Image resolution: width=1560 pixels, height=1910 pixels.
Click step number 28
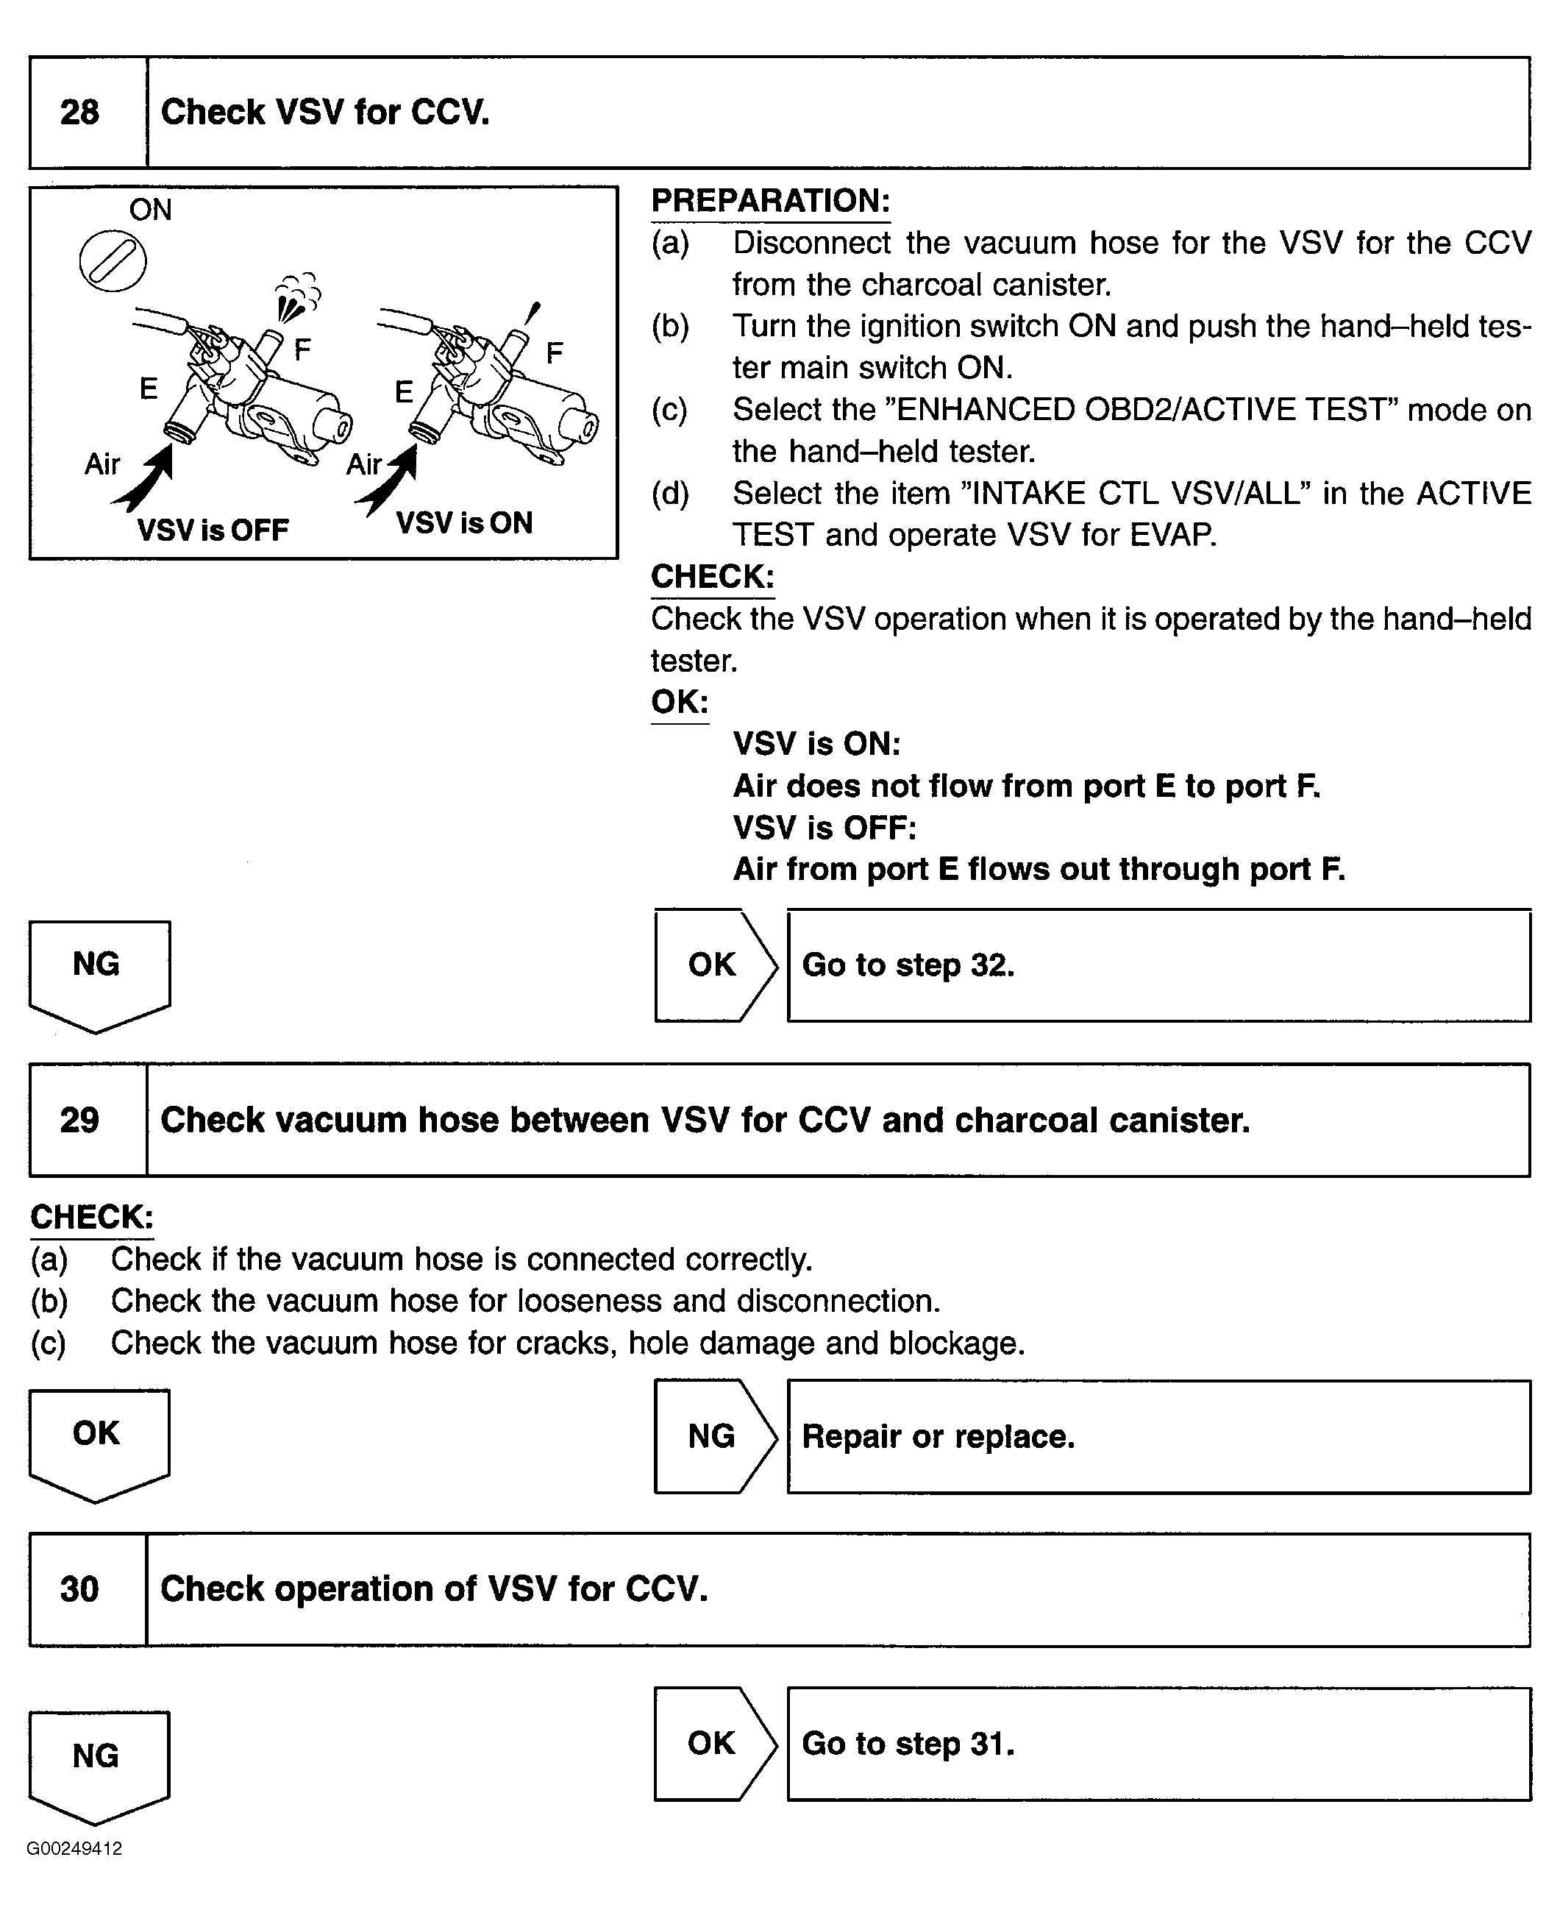click(x=79, y=113)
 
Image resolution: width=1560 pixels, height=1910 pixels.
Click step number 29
click(x=79, y=1120)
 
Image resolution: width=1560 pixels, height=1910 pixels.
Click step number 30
click(x=79, y=1589)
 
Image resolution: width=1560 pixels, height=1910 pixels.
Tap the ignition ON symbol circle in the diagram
click(x=113, y=260)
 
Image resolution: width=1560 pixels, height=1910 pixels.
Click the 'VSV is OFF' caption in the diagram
click(x=213, y=530)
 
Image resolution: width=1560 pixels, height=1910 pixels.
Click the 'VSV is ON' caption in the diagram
click(x=463, y=523)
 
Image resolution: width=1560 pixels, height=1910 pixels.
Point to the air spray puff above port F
click(x=297, y=297)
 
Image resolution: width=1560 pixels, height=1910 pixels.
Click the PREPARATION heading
click(x=770, y=200)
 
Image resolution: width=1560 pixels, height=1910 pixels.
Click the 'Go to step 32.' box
click(x=1158, y=965)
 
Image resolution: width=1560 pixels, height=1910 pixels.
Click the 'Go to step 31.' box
click(x=1158, y=1744)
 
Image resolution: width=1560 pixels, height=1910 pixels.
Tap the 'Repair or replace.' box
click(x=1158, y=1436)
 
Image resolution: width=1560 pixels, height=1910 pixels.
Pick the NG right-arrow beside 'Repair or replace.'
click(x=713, y=1436)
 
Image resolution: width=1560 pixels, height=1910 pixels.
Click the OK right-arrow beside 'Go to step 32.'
click(x=713, y=965)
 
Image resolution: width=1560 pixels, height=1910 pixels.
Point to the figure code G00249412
click(x=74, y=1849)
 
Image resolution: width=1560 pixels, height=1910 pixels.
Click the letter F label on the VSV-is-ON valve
click(x=555, y=352)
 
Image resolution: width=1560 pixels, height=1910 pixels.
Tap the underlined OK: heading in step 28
click(x=680, y=702)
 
